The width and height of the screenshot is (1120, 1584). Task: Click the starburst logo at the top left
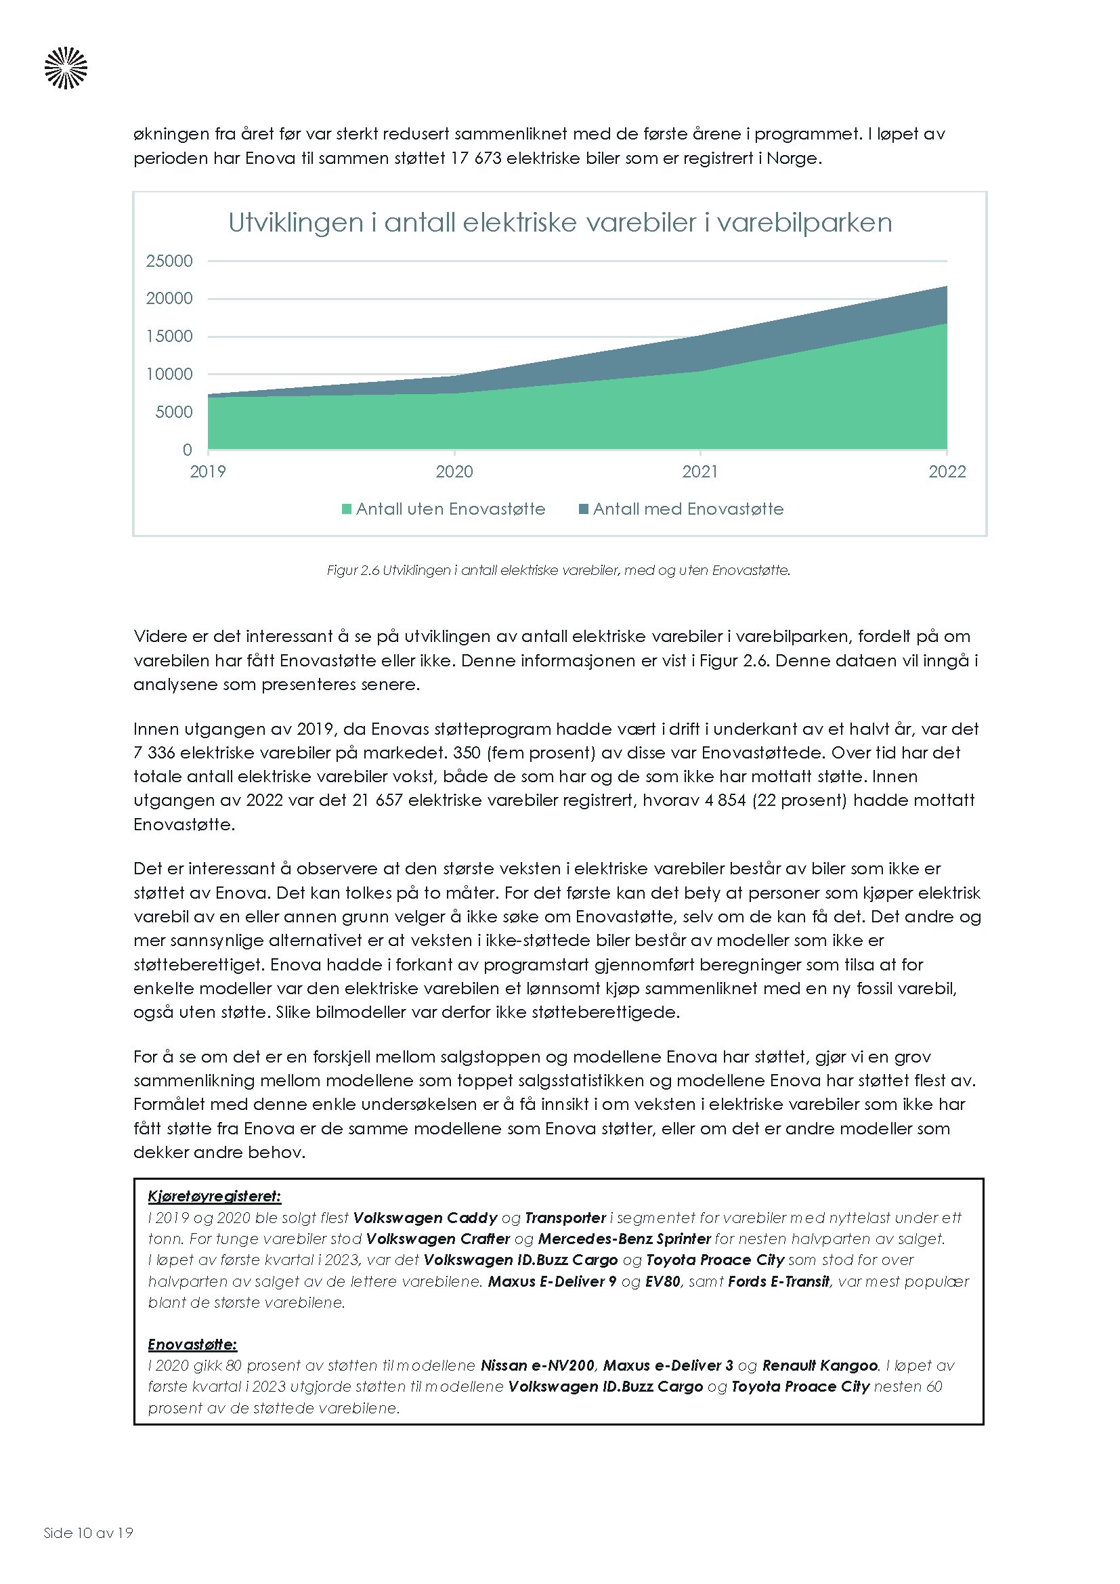click(66, 68)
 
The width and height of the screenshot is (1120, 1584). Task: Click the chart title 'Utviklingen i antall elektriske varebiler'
click(559, 223)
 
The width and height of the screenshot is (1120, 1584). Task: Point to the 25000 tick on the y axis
click(169, 261)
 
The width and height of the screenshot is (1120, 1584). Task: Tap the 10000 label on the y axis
click(169, 374)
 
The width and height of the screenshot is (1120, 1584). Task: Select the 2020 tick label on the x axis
click(454, 471)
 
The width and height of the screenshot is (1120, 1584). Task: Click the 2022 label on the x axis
click(946, 471)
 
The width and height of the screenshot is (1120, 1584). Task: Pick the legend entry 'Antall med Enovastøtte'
click(681, 509)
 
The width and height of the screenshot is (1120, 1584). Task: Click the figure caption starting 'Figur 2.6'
click(558, 570)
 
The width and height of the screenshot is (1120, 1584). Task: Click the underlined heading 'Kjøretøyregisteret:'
click(215, 1196)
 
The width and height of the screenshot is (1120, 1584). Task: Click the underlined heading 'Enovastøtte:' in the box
click(192, 1345)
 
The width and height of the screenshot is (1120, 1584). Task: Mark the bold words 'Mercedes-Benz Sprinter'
click(624, 1239)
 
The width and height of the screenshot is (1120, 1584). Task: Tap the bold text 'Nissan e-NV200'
click(537, 1366)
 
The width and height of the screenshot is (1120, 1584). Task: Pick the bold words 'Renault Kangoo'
click(820, 1366)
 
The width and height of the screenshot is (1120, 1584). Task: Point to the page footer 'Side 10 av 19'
click(88, 1533)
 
